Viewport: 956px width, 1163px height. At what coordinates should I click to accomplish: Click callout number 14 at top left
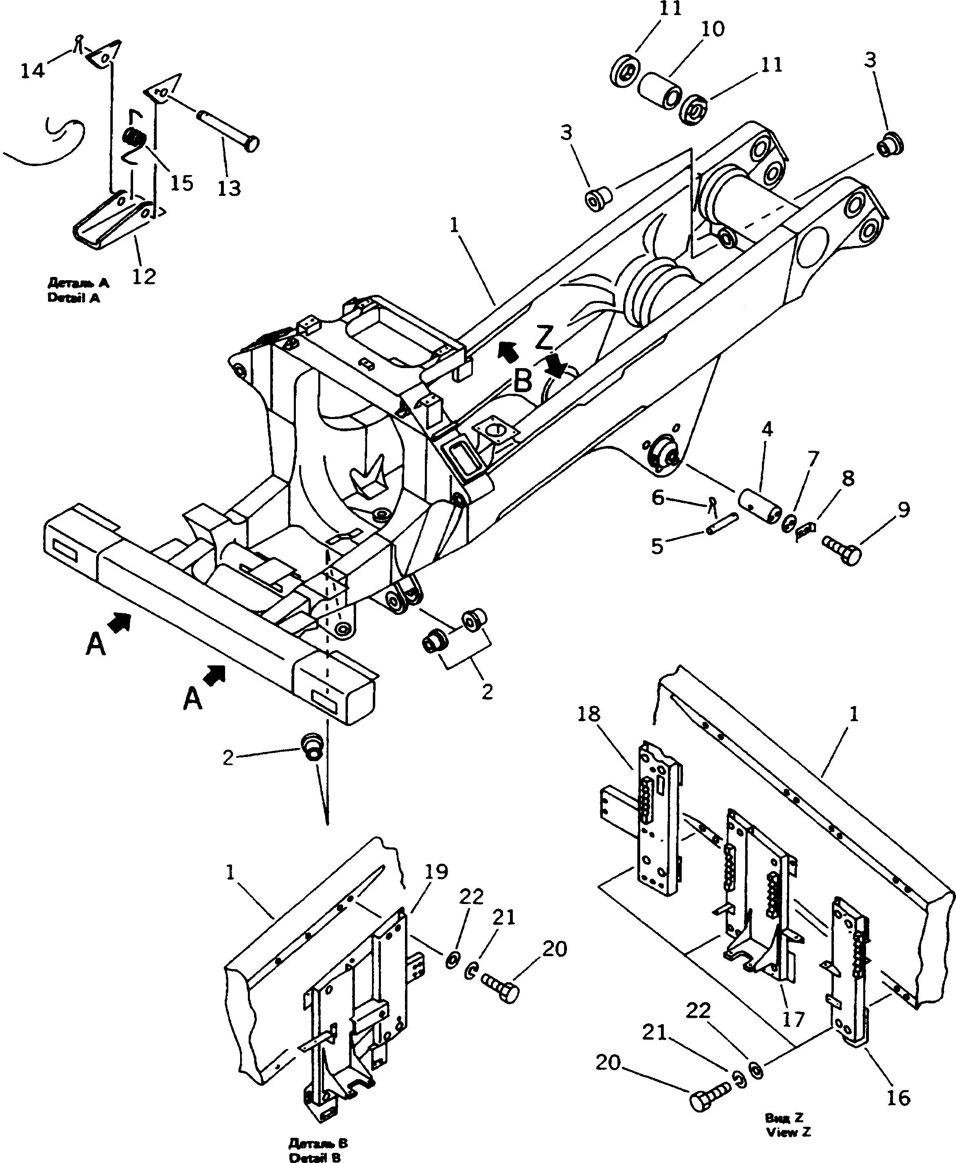pos(32,70)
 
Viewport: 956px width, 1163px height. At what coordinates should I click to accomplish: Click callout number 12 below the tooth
pos(144,276)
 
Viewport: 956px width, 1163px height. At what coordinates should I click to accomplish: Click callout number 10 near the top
pos(713,29)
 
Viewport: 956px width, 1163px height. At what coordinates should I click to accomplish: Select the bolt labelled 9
pos(842,551)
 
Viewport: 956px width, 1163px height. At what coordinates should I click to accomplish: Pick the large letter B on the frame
pos(523,380)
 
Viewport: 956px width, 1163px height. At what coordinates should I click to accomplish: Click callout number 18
pos(588,714)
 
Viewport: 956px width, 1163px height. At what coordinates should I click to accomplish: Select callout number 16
pos(899,1082)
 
